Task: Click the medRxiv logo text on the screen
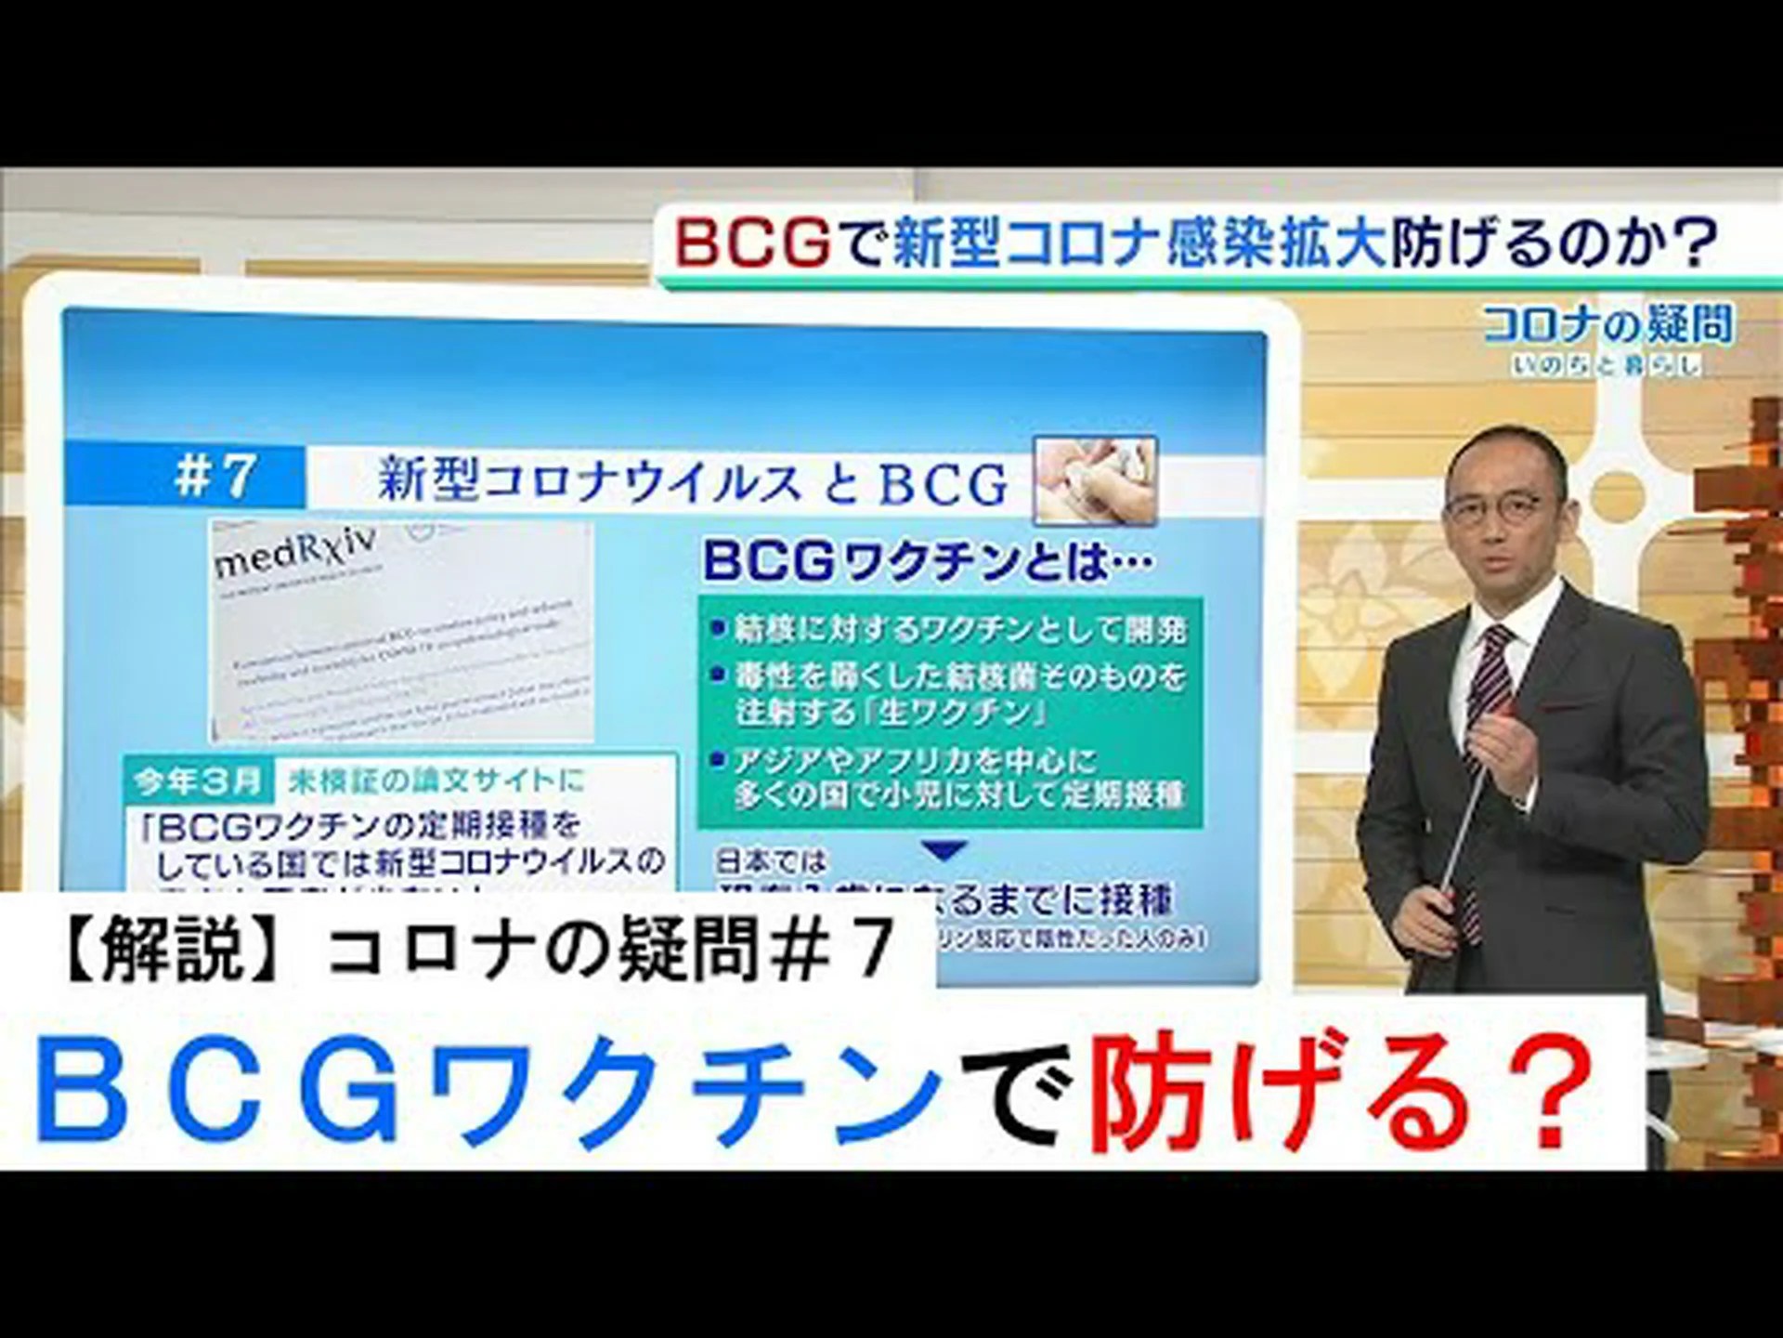[297, 554]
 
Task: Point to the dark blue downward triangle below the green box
[948, 849]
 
